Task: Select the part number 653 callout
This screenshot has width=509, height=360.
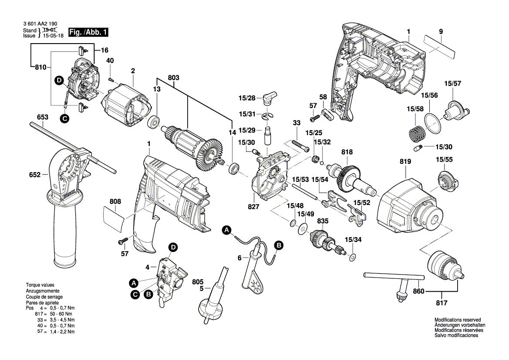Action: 42,117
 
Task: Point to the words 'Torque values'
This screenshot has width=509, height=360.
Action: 40,285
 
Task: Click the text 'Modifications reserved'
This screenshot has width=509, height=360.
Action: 457,320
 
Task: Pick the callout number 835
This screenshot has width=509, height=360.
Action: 322,221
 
